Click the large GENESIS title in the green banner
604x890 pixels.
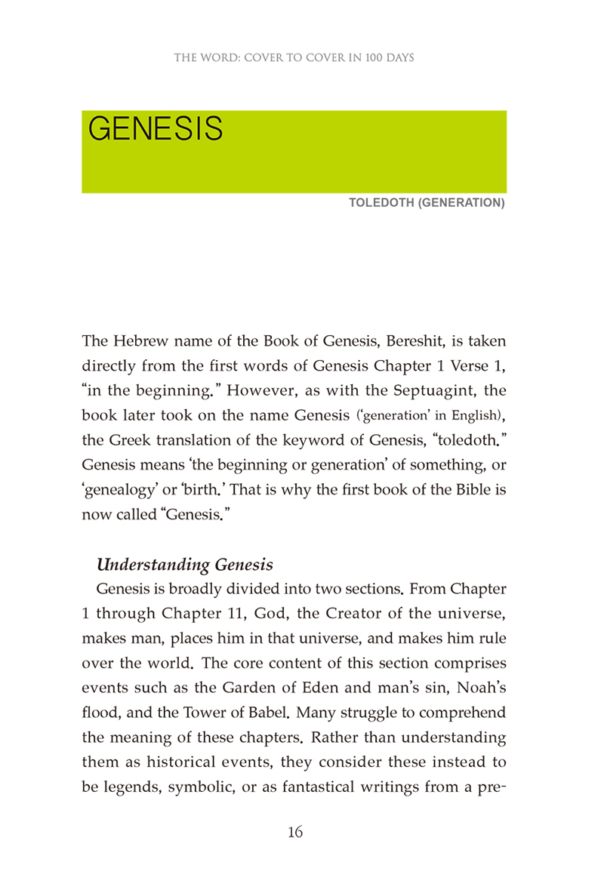click(156, 129)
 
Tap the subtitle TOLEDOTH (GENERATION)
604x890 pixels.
click(427, 203)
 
